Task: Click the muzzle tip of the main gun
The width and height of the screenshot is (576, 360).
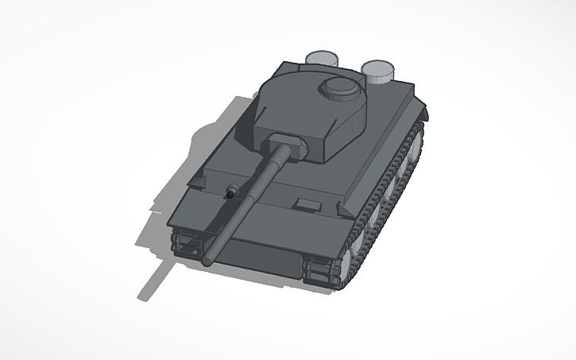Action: coord(208,261)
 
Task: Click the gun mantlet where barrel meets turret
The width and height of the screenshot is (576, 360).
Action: coord(285,145)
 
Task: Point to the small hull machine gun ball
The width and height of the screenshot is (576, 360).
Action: coord(231,192)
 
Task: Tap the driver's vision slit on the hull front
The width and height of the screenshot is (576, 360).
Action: coord(304,204)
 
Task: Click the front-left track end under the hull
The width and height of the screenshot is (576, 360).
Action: coord(186,241)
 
